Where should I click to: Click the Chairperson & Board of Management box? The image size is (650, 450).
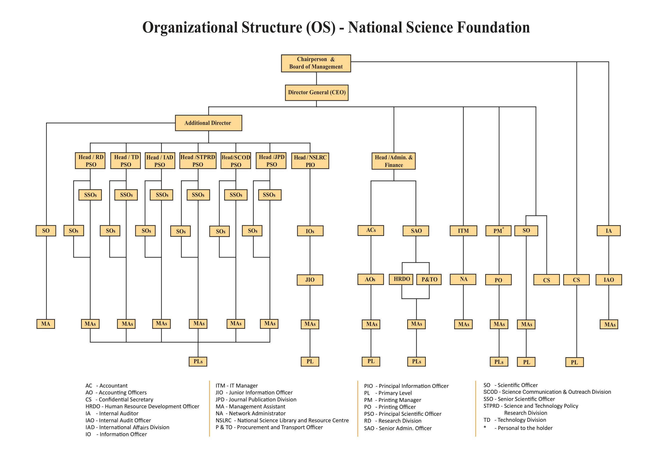coord(316,63)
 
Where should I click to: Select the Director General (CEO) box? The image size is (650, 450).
coord(316,92)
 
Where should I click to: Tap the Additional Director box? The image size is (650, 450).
coord(208,123)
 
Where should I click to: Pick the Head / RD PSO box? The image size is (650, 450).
coord(90,161)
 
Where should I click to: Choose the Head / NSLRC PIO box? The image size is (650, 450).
coord(310,161)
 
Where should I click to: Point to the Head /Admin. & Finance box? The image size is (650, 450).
coord(393,161)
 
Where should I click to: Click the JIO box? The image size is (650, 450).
coord(310,280)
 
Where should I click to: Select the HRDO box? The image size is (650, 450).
coord(401,279)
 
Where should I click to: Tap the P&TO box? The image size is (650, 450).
coord(429,279)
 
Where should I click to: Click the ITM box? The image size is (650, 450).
coord(463,231)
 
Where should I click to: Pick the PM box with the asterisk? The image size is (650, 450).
coord(498,231)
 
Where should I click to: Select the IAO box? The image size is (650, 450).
coord(608,280)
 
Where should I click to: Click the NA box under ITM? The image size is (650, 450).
coord(463,279)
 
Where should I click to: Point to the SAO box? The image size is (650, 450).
coord(416,231)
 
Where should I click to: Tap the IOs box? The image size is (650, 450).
coord(310,231)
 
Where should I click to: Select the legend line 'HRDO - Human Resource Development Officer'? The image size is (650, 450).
coord(142,406)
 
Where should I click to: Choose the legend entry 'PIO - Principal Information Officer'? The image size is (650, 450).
coord(406,386)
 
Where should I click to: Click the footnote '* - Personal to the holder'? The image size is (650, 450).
coord(518,428)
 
